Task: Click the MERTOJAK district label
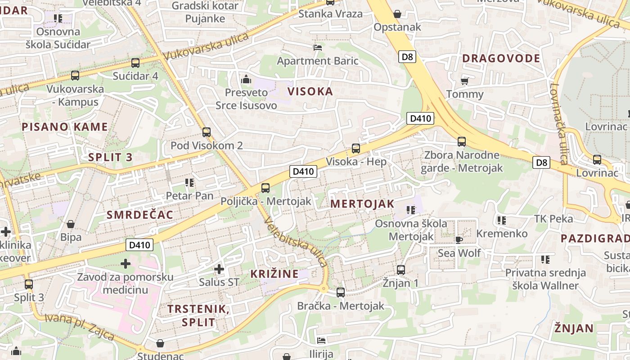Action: point(362,203)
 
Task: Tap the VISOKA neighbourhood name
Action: point(310,91)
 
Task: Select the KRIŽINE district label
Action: point(274,274)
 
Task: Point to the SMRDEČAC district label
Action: point(140,215)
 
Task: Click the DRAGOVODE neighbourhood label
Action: point(501,58)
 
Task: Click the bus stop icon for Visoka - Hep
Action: point(355,148)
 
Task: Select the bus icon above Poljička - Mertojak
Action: point(265,188)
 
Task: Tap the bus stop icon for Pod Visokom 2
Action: point(207,132)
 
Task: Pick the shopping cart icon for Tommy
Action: point(464,81)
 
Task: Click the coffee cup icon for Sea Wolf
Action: point(459,239)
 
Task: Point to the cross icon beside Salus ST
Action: point(219,269)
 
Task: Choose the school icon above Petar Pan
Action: point(189,183)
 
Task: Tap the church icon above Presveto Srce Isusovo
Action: point(246,80)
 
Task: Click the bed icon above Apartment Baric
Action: point(318,47)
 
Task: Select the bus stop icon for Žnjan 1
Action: point(400,270)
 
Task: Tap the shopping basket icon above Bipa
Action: point(71,224)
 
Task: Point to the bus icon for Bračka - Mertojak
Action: point(341,292)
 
